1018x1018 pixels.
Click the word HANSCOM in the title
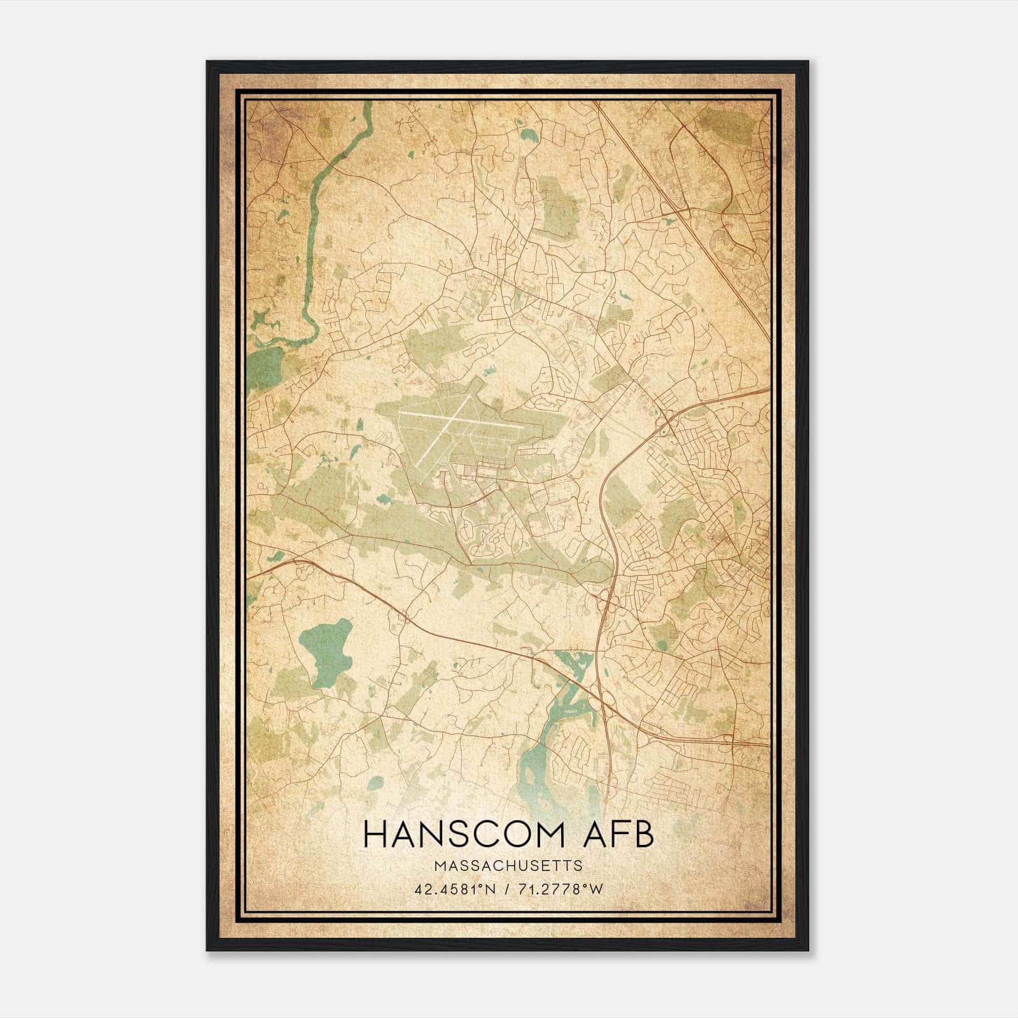coord(469,835)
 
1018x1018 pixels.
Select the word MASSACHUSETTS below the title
coord(508,866)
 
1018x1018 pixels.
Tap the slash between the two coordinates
coord(505,889)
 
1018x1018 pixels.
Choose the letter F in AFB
coord(620,835)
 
